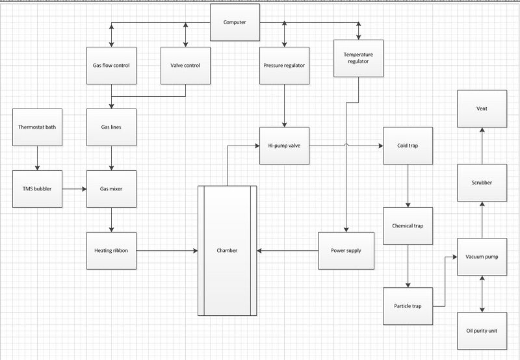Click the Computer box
coord(235,22)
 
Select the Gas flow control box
coord(111,65)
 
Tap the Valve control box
coord(185,65)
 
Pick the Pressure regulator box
coord(284,65)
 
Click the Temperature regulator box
coord(359,58)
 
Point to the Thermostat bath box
coord(37,127)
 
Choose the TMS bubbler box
coord(37,189)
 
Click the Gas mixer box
coord(111,189)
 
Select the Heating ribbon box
coord(111,251)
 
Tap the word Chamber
coord(227,251)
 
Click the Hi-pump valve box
coord(284,146)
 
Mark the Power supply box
coord(346,251)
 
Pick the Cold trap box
coord(408,146)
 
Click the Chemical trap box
coord(408,226)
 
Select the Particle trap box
coord(408,306)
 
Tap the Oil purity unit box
coord(482,331)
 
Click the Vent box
coord(482,109)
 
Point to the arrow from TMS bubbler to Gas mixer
coord(74,189)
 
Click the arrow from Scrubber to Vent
coord(482,146)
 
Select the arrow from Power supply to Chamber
coord(287,251)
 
